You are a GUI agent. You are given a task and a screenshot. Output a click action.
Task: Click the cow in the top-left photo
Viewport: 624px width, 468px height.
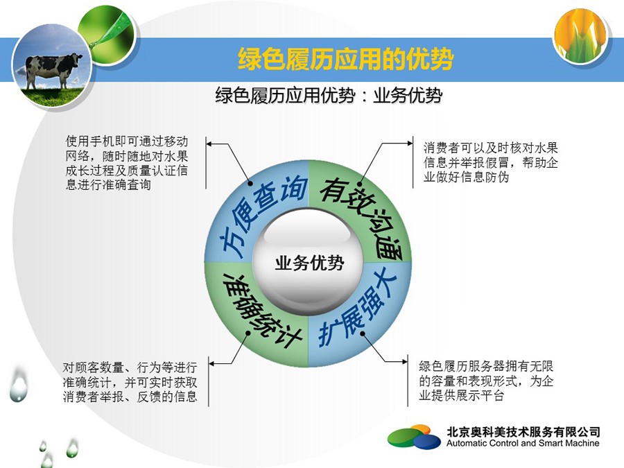(53, 69)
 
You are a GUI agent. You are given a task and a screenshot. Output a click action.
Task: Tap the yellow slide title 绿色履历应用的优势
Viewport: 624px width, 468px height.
(345, 60)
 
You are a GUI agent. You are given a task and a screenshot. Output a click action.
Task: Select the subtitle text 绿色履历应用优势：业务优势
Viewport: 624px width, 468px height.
(329, 96)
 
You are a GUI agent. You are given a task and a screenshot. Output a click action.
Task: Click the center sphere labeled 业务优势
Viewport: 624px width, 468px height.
(308, 262)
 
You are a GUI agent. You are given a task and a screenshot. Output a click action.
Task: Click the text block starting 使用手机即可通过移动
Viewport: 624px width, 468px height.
(127, 163)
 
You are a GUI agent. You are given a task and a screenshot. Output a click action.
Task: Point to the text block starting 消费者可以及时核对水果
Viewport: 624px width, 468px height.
(490, 162)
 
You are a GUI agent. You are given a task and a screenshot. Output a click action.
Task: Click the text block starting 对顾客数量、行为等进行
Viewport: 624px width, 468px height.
(130, 381)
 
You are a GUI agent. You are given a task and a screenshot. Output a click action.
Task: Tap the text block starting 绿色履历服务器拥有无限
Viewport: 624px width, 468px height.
(486, 381)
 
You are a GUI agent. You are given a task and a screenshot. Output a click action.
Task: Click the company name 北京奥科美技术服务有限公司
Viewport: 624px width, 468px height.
(523, 432)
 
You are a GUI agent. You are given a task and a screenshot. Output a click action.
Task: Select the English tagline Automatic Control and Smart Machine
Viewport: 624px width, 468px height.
(523, 443)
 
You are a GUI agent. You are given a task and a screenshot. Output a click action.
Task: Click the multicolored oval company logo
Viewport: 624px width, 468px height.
(414, 437)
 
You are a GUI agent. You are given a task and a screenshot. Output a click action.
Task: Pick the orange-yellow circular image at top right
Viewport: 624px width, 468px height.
(581, 35)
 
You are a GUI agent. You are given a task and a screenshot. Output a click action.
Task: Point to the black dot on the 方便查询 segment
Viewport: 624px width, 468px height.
(251, 184)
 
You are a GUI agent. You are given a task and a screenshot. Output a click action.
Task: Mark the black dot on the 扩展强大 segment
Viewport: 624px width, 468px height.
(363, 333)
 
